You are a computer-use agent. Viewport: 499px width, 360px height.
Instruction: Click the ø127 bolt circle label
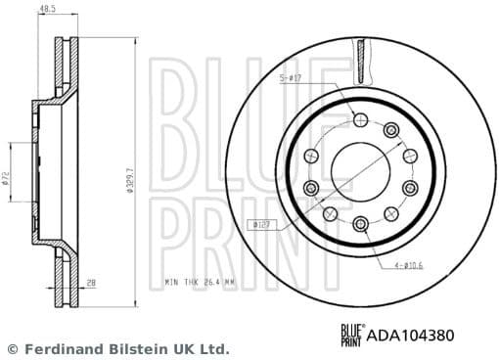pyautogui.click(x=261, y=225)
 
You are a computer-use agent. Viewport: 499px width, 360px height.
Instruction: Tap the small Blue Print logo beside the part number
pyautogui.click(x=351, y=334)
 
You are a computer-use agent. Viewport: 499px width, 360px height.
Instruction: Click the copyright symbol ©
pyautogui.click(x=13, y=348)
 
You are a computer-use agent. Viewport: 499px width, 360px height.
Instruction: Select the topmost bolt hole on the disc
pyautogui.click(x=360, y=119)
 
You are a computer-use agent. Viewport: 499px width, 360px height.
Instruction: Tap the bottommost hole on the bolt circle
pyautogui.click(x=360, y=225)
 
